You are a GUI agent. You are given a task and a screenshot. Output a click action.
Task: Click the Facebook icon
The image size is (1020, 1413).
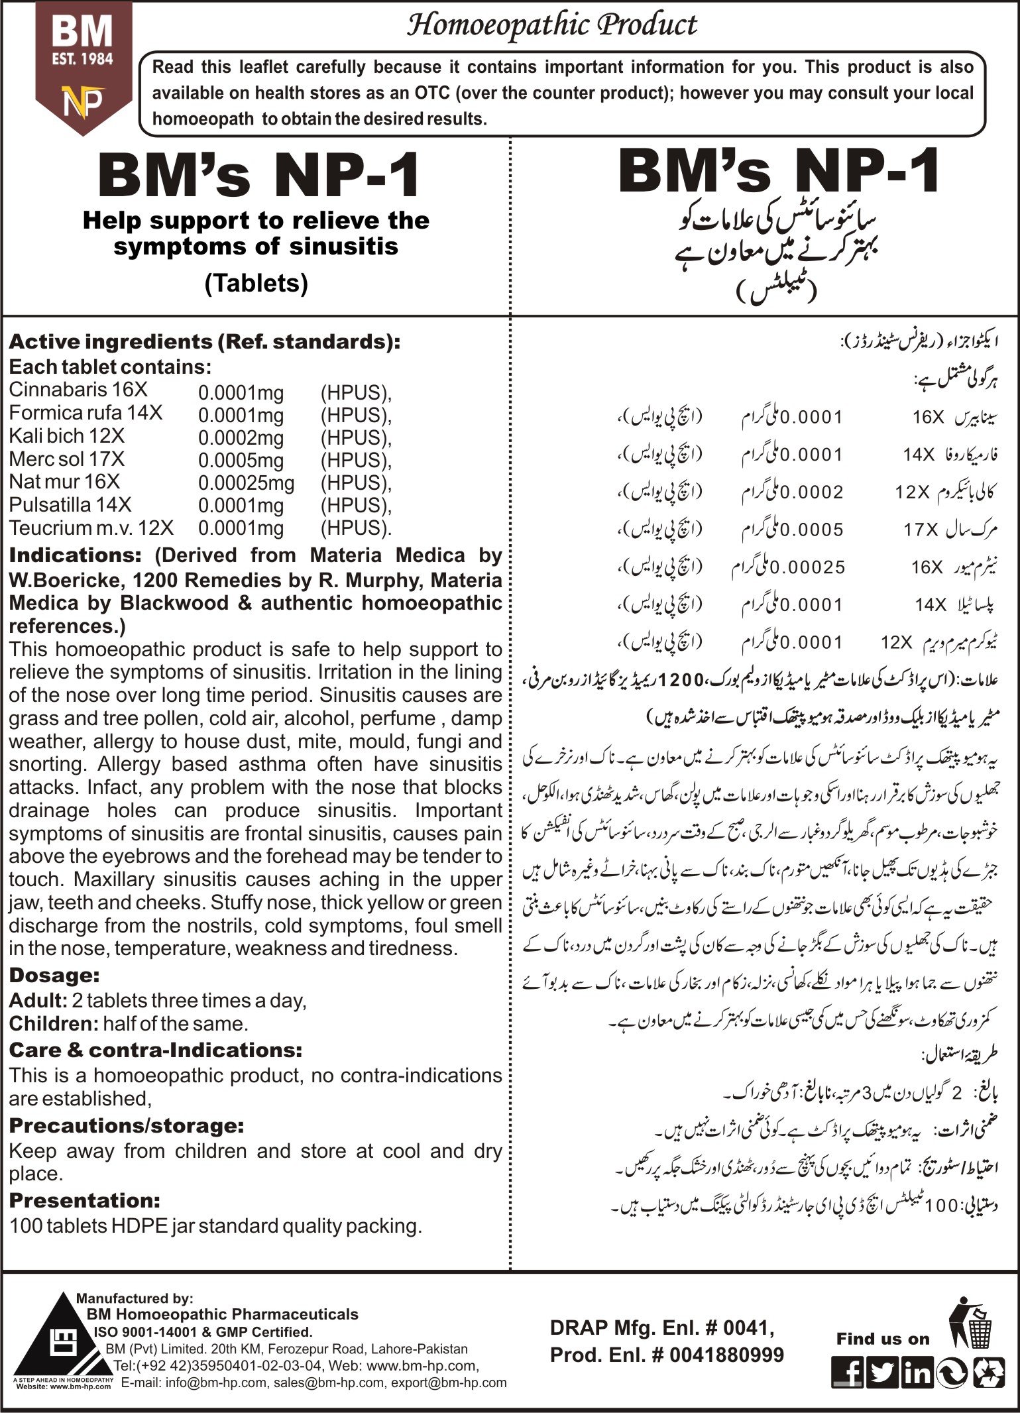(848, 1372)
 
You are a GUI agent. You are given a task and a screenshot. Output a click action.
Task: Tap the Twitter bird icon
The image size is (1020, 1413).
(883, 1372)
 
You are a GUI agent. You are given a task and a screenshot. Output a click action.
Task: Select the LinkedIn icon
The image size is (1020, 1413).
(917, 1372)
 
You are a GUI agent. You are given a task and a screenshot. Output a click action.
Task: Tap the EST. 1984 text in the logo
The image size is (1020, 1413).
(83, 60)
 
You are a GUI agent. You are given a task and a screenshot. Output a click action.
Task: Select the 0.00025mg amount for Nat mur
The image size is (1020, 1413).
(246, 482)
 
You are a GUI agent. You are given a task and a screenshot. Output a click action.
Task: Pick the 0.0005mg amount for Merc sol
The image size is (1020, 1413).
(241, 460)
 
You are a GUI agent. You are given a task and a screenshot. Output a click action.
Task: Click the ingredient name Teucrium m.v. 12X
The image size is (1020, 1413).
(91, 528)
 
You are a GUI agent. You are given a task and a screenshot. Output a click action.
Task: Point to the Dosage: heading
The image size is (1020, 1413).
(54, 975)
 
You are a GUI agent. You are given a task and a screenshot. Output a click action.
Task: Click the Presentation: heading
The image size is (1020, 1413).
(84, 1200)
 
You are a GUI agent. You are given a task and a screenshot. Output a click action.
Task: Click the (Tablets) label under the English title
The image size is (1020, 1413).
(256, 283)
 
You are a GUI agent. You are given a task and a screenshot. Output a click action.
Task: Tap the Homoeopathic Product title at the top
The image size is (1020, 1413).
(551, 25)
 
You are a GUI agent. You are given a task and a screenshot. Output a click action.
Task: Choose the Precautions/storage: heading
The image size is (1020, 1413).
(126, 1125)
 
